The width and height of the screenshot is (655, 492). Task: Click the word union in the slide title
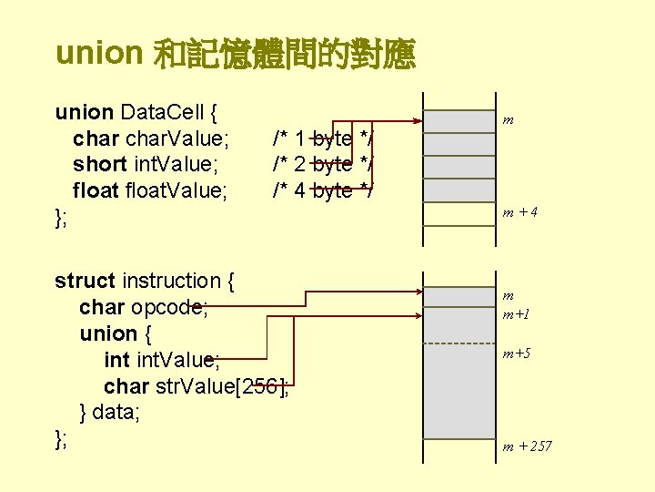point(98,54)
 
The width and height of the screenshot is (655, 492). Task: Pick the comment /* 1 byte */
point(324,138)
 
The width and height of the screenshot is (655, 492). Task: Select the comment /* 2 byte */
point(324,164)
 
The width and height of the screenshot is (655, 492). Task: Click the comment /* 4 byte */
point(324,190)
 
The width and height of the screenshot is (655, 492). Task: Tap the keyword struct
point(85,281)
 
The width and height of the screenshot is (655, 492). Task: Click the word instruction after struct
point(171,281)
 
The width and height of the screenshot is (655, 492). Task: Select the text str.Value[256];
point(223,385)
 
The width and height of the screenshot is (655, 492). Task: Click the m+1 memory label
point(516,314)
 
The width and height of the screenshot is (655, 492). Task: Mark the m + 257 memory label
point(527,446)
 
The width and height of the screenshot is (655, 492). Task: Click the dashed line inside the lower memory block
point(459,343)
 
